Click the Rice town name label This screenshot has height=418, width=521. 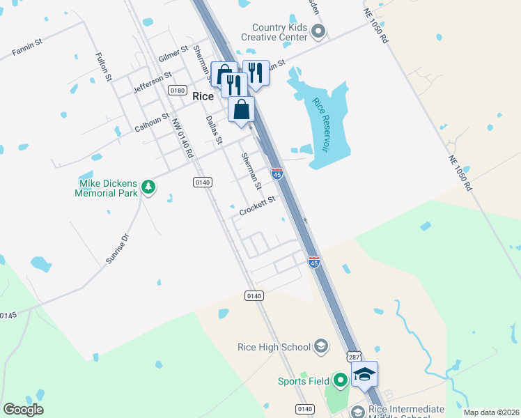[203, 97]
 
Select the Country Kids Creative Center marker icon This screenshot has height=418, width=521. [319, 31]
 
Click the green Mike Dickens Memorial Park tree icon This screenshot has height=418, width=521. [148, 187]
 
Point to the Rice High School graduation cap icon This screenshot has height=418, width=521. [321, 346]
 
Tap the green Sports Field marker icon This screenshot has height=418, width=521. [340, 380]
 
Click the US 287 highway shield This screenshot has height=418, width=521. [354, 356]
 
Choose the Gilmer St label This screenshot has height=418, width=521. [173, 54]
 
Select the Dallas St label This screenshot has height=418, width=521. [213, 130]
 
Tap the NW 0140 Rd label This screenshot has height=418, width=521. [182, 138]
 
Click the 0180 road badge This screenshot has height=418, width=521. [178, 91]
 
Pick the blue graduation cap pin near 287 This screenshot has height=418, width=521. [364, 375]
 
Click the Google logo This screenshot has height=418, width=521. [23, 410]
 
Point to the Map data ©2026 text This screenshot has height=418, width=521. [491, 412]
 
